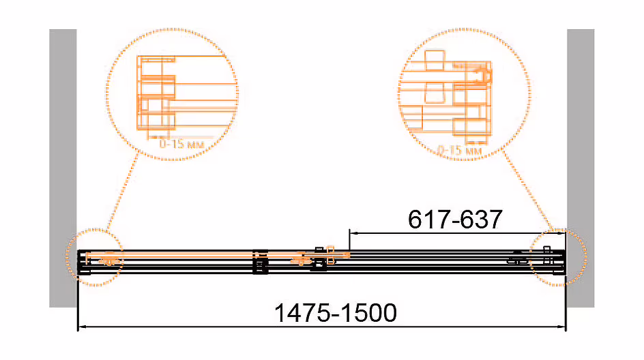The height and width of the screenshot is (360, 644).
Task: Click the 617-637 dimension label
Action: [x=455, y=219]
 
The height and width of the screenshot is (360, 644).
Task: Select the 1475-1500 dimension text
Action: [x=336, y=313]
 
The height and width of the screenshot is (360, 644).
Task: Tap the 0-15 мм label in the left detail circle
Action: [x=181, y=144]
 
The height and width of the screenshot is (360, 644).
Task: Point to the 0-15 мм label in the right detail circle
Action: [x=459, y=150]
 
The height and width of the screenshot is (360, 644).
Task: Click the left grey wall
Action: [x=63, y=168]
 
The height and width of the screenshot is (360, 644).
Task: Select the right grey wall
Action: [x=581, y=168]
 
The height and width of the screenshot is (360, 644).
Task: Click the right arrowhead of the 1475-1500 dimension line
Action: [x=562, y=327]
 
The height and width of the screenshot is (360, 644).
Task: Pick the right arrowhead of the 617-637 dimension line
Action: [x=562, y=233]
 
